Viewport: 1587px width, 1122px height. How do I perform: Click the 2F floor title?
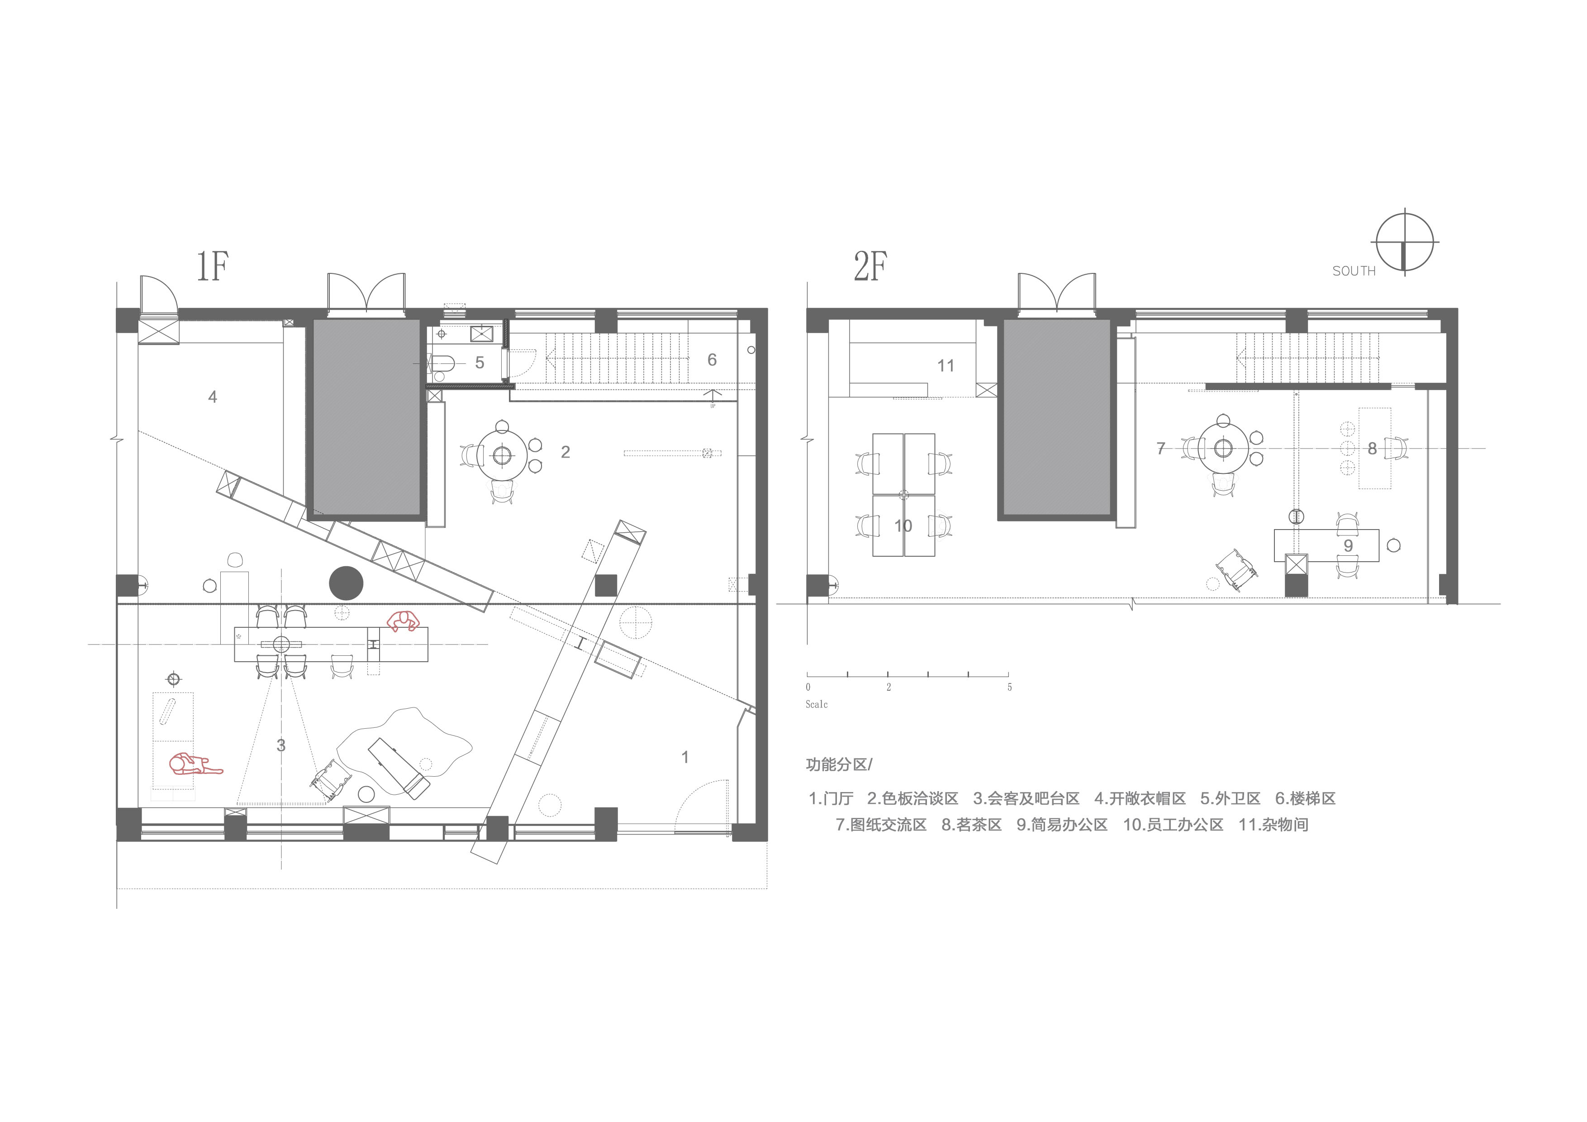click(871, 267)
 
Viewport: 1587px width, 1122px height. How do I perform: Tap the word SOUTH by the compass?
click(1354, 272)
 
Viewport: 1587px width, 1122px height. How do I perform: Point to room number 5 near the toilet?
click(480, 363)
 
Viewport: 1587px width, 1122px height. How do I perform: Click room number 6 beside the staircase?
click(712, 359)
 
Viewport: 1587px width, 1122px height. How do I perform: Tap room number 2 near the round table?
click(565, 452)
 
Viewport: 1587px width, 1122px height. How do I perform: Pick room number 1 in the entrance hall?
click(685, 757)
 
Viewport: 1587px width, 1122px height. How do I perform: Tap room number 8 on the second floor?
click(1372, 449)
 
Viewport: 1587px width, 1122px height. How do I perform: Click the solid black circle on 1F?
click(346, 583)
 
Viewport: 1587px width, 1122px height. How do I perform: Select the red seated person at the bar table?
click(403, 621)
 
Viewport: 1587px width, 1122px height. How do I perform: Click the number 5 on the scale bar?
click(1009, 687)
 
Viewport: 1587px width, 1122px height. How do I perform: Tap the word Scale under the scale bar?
click(816, 704)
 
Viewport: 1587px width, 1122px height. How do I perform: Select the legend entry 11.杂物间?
click(1273, 825)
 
